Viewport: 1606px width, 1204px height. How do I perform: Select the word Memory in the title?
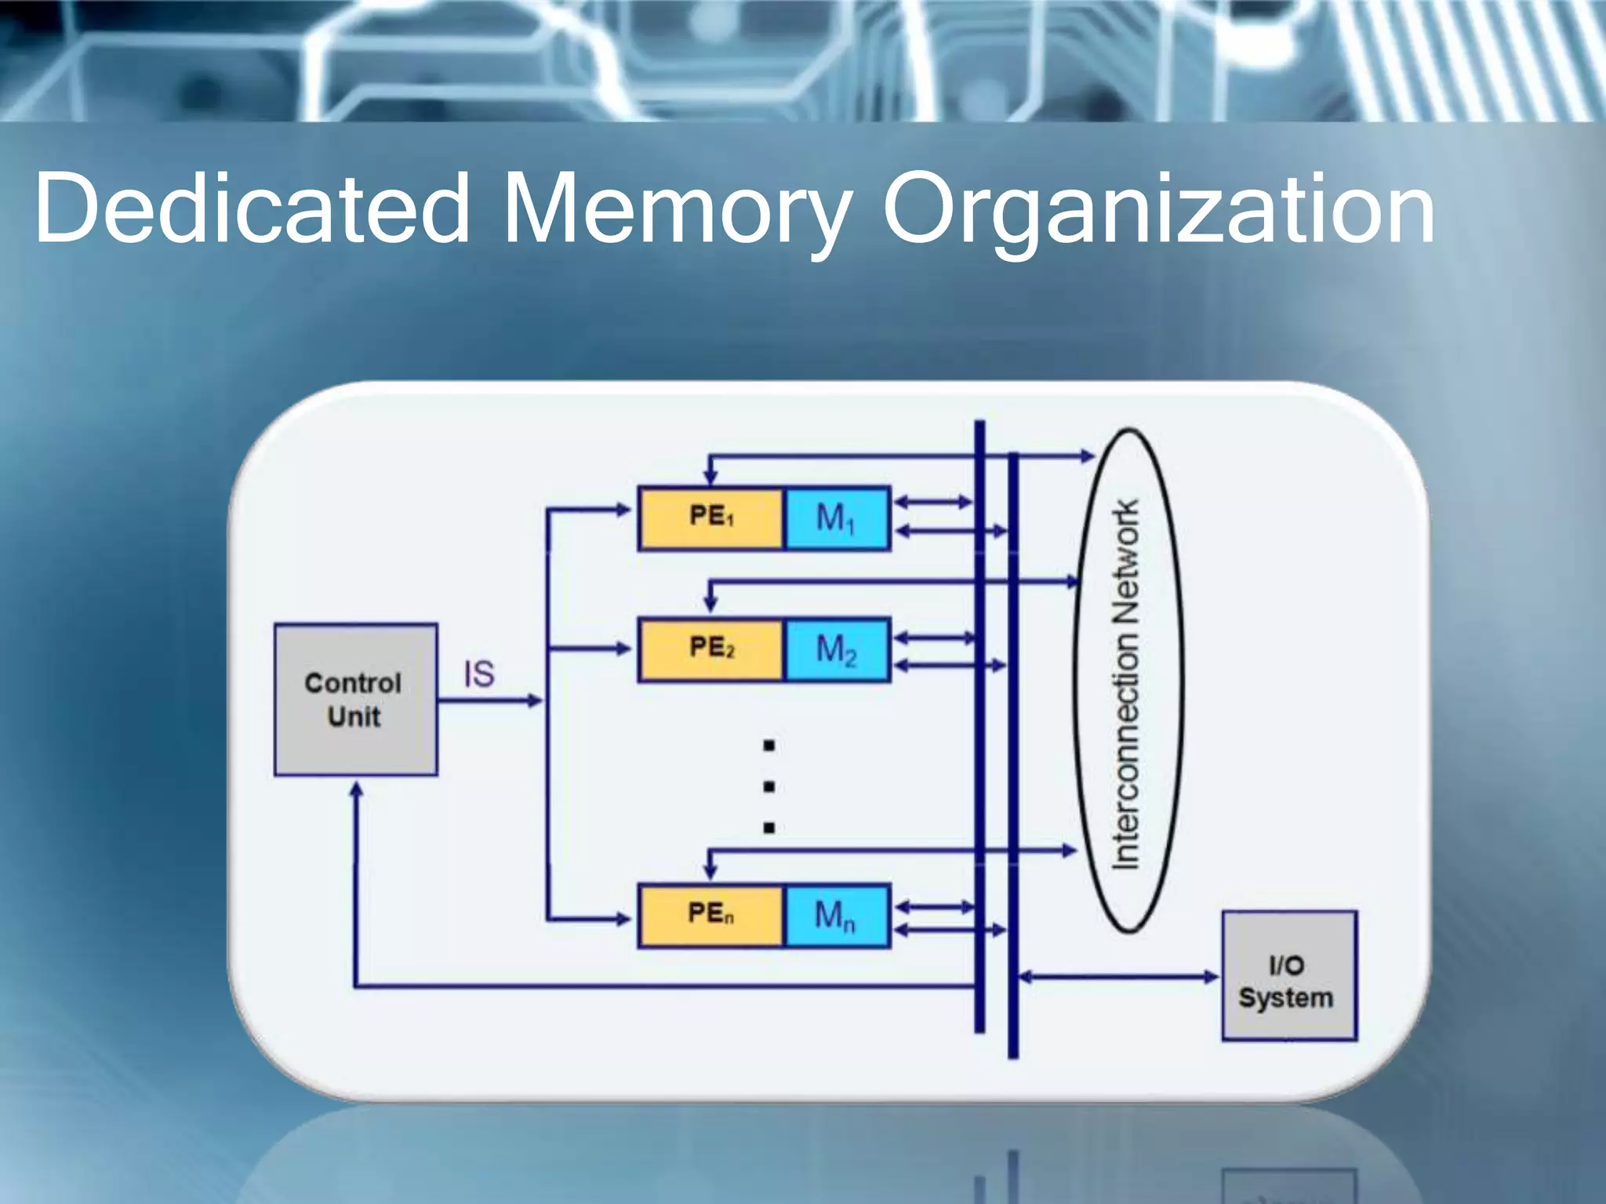[x=676, y=209]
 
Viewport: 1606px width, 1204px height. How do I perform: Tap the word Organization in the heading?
[x=1159, y=209]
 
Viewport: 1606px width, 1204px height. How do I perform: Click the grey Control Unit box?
[x=355, y=699]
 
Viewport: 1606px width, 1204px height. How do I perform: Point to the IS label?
[x=479, y=674]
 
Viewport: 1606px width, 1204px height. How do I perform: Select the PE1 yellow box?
[x=710, y=518]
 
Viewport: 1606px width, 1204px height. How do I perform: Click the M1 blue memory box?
[x=836, y=518]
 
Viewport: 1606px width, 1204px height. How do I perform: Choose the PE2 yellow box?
[x=710, y=649]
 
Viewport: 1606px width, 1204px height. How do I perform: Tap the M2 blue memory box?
[x=836, y=649]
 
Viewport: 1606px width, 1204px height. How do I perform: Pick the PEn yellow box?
[x=710, y=915]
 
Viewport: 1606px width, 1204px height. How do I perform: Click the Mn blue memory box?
[x=836, y=915]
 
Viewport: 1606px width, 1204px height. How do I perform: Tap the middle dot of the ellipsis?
[x=768, y=786]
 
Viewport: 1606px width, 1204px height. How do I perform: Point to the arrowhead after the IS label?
[x=535, y=700]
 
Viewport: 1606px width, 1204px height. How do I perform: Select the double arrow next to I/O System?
[x=1118, y=977]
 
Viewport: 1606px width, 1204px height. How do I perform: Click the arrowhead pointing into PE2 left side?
[x=623, y=648]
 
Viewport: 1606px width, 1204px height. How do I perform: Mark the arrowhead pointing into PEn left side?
[x=623, y=919]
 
